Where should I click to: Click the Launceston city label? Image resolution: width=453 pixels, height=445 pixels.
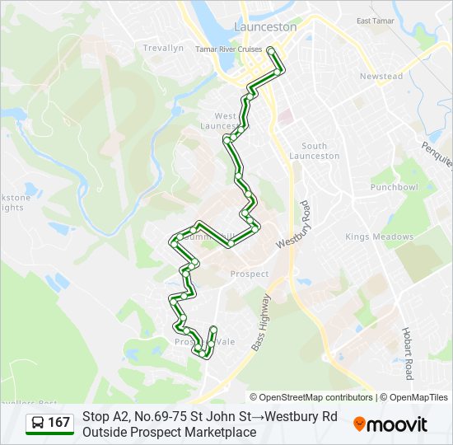pos(265,26)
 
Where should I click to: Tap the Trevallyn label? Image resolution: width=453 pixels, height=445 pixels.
pos(163,49)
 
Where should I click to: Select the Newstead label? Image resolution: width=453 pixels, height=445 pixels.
pos(381,77)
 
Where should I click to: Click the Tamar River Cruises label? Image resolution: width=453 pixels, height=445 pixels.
pos(228,49)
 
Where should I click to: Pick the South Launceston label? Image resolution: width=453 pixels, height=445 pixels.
pos(315,151)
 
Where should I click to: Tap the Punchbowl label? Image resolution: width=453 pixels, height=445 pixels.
pos(395,187)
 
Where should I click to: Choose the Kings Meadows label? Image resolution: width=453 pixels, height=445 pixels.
pos(379,237)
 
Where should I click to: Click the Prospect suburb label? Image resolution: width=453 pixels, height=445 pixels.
pos(250,274)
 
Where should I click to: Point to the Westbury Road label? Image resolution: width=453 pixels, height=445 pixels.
pos(294,224)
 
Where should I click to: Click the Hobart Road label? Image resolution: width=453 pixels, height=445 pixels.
pos(408,352)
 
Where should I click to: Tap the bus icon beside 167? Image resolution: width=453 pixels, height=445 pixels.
pos(38,423)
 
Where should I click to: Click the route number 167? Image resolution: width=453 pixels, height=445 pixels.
pos(59,423)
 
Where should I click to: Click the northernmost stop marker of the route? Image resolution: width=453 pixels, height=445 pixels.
pos(272,51)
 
